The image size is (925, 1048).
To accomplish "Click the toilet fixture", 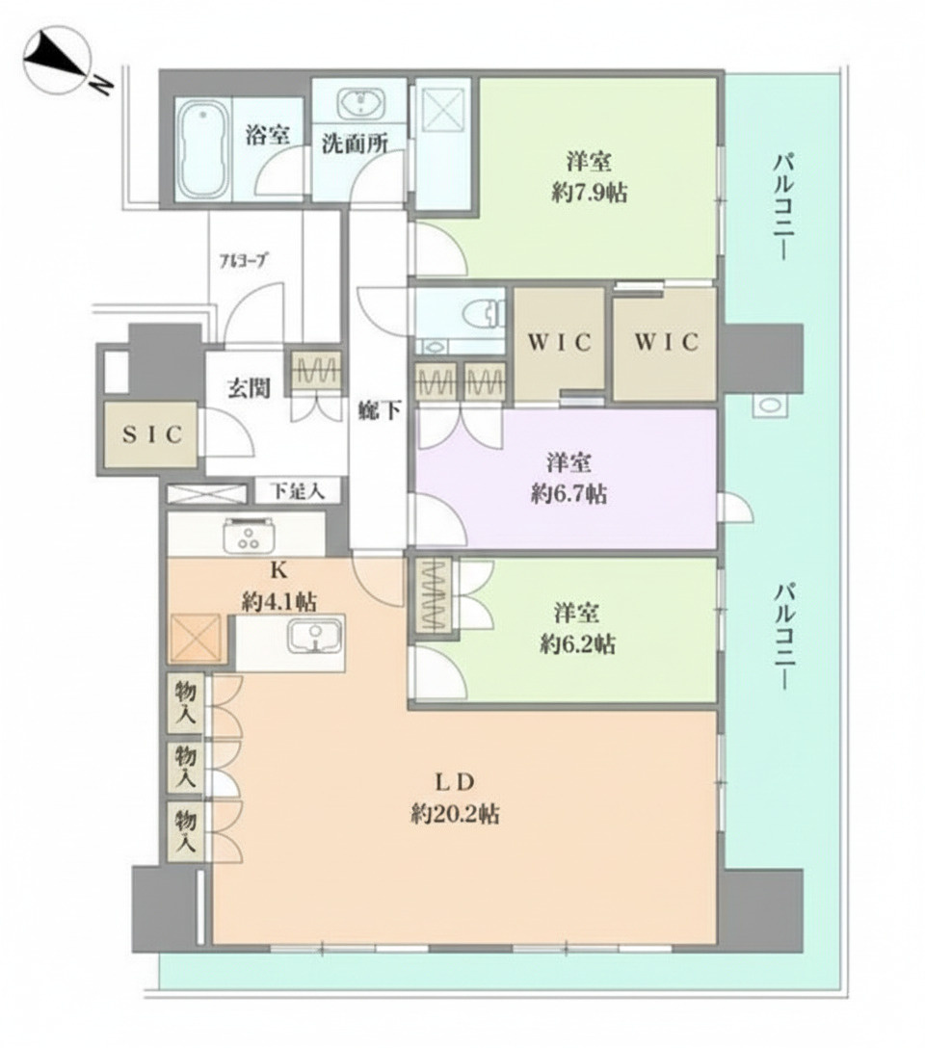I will (x=479, y=314).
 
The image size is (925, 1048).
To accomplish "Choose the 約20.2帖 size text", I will (x=455, y=814).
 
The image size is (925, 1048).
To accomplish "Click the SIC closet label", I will (x=153, y=434).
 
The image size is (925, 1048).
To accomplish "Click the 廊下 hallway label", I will (x=374, y=410).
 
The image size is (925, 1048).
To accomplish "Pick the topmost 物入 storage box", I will (x=186, y=702).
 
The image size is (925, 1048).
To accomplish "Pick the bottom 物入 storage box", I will (x=186, y=830).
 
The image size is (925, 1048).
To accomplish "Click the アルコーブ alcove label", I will (x=244, y=260).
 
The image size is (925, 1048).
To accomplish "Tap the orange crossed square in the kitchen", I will (x=198, y=638).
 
